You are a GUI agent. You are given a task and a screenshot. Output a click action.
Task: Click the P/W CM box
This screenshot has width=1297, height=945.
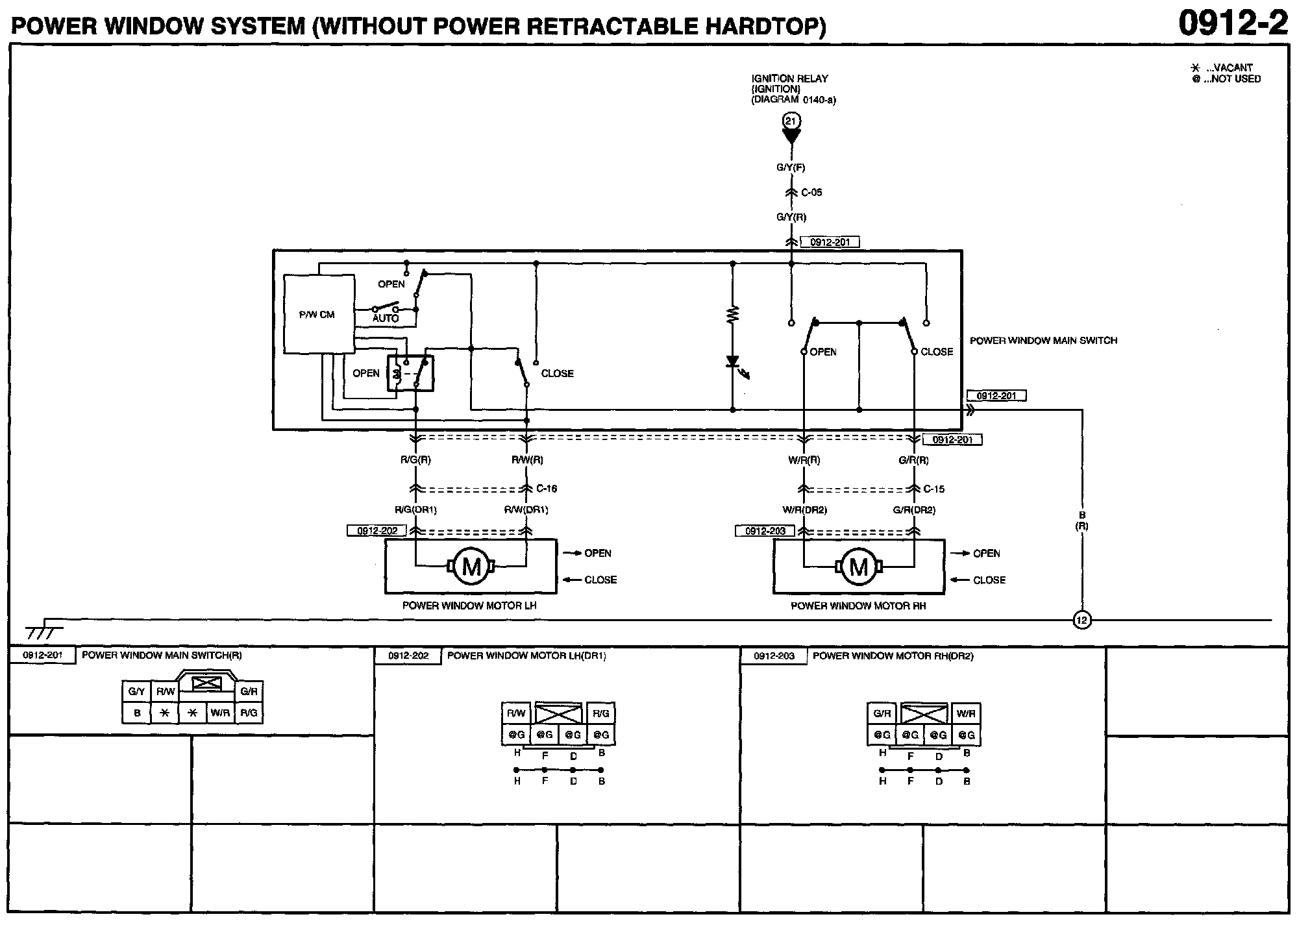coord(319,314)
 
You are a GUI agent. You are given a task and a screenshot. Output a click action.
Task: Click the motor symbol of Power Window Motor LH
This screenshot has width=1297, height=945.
coord(471,567)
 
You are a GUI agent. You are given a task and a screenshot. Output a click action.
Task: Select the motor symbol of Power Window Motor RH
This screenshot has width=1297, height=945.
coord(859,567)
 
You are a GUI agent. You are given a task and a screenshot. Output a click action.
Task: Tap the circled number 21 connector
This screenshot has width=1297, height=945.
coord(791,121)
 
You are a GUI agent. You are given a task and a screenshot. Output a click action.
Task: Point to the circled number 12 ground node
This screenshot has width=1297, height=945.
coord(1081,620)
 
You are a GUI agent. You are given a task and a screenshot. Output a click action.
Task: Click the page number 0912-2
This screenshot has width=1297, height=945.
coord(1233,23)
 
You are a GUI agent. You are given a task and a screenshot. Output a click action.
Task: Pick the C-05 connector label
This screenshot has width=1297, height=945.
coord(811,193)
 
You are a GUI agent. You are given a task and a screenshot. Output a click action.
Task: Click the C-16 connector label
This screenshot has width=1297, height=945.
coord(547,489)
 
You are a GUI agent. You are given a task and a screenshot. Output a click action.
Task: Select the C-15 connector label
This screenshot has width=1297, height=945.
coord(934,489)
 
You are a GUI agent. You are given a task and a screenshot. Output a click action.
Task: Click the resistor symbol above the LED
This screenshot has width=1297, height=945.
coord(733,315)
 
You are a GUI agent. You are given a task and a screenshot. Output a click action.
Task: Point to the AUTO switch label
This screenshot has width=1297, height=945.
coord(386,318)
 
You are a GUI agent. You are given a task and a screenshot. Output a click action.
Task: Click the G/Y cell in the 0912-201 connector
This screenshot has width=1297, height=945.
coord(136,692)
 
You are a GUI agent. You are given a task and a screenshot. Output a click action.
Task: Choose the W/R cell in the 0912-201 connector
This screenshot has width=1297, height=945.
coord(220,713)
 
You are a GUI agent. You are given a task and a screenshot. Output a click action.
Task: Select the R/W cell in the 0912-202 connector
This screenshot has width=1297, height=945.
coord(516,713)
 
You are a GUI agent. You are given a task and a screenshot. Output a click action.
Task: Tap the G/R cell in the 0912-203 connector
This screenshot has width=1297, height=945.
coord(882,713)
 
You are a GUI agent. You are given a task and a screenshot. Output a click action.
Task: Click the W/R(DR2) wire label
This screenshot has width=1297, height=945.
coord(805,510)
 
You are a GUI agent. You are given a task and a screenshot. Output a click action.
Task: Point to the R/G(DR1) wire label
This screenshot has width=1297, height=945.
coord(416,510)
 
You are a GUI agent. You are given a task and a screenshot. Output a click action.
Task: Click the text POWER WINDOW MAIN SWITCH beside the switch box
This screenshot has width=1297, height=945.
coord(1043,340)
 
